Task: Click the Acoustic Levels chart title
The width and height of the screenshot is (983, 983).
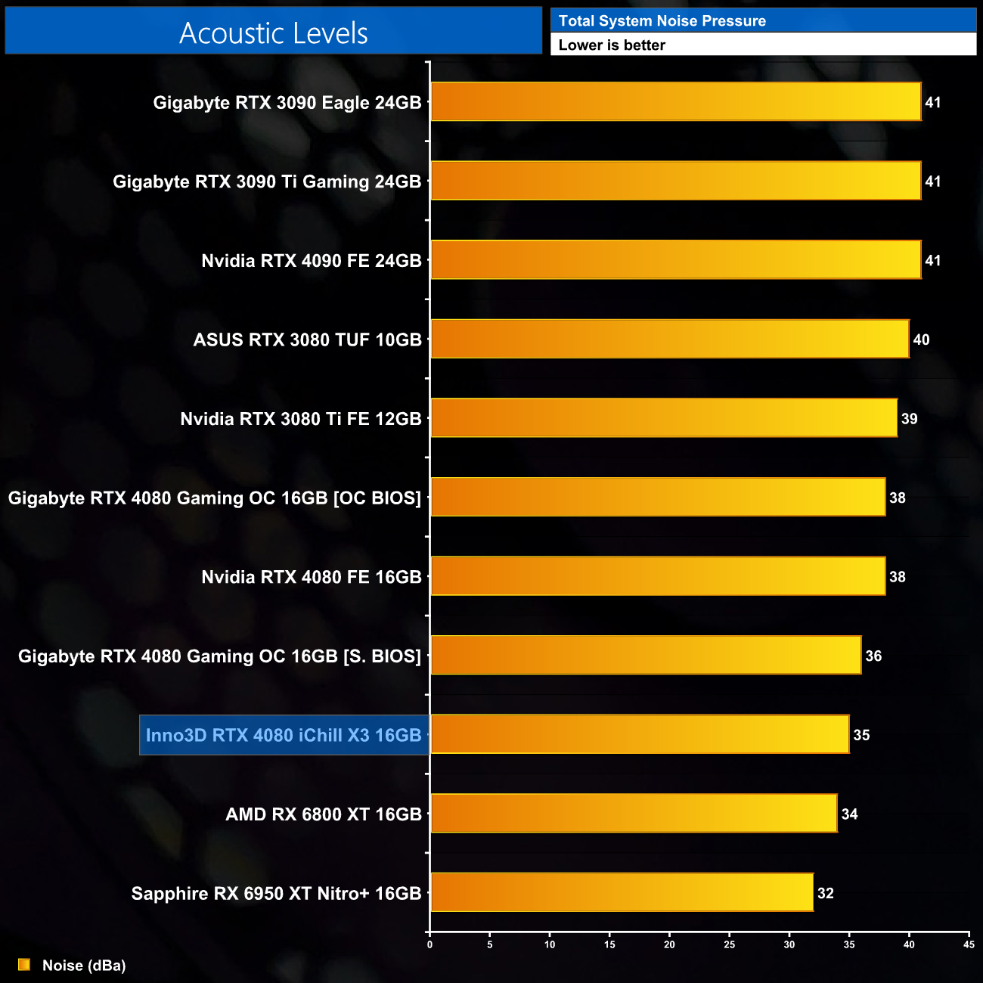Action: click(x=273, y=33)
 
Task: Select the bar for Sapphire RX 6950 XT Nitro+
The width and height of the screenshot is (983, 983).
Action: click(x=622, y=892)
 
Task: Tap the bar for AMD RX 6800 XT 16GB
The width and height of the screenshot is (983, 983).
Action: click(x=634, y=814)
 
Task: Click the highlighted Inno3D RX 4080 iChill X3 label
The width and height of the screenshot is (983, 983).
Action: click(x=284, y=735)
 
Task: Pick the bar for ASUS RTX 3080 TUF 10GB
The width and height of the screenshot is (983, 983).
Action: click(x=669, y=339)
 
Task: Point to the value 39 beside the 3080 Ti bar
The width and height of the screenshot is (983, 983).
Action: click(x=909, y=419)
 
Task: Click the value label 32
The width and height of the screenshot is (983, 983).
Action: click(x=826, y=894)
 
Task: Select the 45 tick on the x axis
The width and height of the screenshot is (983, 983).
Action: click(x=969, y=944)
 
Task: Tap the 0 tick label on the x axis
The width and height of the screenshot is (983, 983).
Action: click(x=429, y=944)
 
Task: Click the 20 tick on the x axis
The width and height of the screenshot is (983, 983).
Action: click(x=669, y=944)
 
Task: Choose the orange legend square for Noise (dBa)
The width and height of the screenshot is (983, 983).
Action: click(x=24, y=965)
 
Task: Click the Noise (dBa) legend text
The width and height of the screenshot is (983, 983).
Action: click(x=84, y=966)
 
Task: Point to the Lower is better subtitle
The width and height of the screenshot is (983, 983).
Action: click(x=612, y=45)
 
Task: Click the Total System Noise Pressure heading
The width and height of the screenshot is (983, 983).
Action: click(x=662, y=21)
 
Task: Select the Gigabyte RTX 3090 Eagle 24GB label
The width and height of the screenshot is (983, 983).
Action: click(x=287, y=103)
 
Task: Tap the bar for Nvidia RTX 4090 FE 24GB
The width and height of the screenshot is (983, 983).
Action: click(x=675, y=260)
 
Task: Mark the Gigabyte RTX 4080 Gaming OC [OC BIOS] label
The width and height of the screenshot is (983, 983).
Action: click(x=215, y=498)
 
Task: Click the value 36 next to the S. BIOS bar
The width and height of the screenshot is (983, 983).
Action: click(x=873, y=656)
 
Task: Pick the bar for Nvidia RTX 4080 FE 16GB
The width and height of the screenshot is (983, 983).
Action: click(x=657, y=576)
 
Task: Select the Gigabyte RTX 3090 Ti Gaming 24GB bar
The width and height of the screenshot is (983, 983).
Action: click(x=675, y=181)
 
